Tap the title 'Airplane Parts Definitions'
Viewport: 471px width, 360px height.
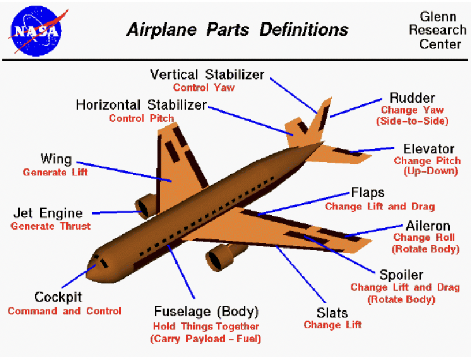237,29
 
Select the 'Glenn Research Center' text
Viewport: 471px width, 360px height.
437,30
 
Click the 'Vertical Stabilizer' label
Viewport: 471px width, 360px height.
207,75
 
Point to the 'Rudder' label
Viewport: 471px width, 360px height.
412,97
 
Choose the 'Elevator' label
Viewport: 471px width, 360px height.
428,149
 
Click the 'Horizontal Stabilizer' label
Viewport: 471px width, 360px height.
141,106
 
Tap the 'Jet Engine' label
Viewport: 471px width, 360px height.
48,213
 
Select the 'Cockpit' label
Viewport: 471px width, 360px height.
58,298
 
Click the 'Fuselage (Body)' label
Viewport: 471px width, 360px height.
205,313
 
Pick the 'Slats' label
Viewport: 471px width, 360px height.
332,313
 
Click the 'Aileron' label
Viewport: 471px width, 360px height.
428,226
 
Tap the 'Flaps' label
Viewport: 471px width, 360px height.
368,193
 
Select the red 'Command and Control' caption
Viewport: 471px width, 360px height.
65,311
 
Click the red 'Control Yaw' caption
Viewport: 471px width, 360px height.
204,88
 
